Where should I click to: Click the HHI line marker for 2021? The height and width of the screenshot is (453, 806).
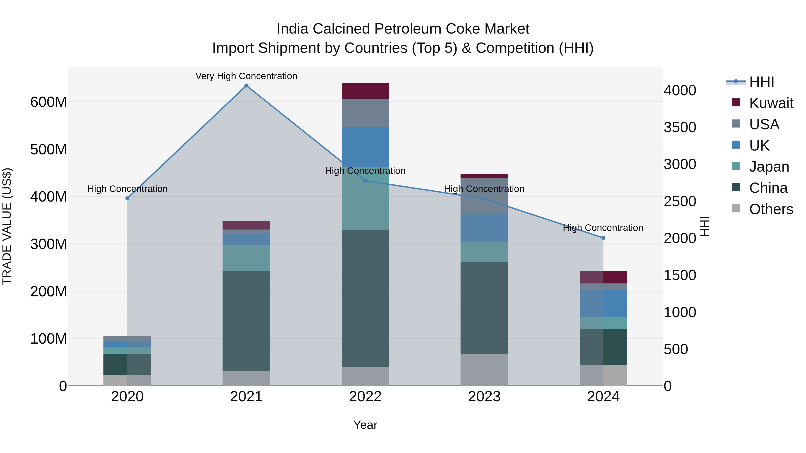[x=246, y=86]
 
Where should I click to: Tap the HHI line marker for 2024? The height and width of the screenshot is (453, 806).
[x=603, y=238]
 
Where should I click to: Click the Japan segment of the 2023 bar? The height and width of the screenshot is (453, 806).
[x=484, y=252]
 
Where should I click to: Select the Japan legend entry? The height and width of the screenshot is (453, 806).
[x=769, y=167]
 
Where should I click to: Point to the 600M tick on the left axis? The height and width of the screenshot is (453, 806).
[x=49, y=102]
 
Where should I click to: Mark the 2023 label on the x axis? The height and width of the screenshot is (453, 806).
[x=484, y=397]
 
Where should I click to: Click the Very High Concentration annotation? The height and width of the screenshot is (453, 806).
[x=246, y=76]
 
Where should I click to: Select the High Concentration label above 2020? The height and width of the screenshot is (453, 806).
[x=127, y=189]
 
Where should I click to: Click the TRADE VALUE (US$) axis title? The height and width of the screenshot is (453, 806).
[x=7, y=226]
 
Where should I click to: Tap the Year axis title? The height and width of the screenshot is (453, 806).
[x=365, y=425]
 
